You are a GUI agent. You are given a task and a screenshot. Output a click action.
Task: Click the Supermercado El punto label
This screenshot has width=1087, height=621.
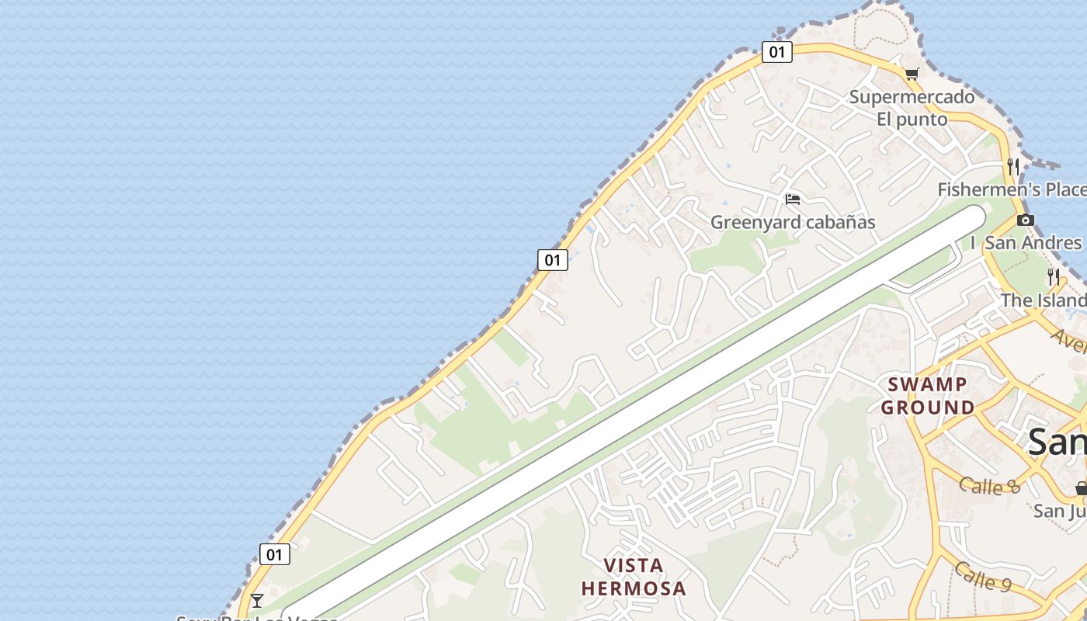click(x=912, y=108)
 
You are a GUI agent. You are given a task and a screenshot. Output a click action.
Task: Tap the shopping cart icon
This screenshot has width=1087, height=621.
click(x=912, y=75)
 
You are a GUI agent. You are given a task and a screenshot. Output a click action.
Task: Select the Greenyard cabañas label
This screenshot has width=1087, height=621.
click(x=793, y=222)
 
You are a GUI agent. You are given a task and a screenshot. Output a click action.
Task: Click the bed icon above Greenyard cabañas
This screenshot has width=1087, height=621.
click(x=793, y=199)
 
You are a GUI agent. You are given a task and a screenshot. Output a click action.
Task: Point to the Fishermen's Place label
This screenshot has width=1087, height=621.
click(x=1012, y=189)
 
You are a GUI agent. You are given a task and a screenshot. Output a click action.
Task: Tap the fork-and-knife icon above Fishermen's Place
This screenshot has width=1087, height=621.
click(x=1013, y=166)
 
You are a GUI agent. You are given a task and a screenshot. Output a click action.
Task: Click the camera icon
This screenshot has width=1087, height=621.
click(x=1026, y=220)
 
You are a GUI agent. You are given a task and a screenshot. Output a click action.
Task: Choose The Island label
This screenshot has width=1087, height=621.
click(x=1043, y=300)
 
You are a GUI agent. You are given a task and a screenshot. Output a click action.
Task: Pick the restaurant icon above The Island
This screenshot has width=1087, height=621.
click(x=1054, y=276)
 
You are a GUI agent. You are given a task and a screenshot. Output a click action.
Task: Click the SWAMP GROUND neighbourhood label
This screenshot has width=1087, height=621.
click(x=928, y=396)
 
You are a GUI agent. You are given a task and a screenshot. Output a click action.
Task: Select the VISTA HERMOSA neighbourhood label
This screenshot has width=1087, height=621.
click(x=634, y=577)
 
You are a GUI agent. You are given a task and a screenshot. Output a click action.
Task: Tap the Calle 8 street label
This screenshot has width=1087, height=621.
click(x=989, y=486)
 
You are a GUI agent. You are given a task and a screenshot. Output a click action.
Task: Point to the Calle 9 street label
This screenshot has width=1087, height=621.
click(x=983, y=577)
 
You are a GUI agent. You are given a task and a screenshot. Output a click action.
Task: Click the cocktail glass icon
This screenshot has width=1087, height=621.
click(x=257, y=600)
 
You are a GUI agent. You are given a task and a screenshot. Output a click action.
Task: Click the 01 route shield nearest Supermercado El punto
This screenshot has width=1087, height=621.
click(x=776, y=52)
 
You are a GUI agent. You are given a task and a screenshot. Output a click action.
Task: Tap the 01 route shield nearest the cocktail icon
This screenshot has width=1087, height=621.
click(x=274, y=554)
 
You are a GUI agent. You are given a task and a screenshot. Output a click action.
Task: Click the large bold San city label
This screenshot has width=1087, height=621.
click(x=1056, y=442)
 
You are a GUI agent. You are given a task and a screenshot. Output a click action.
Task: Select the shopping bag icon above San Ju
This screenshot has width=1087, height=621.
click(x=1081, y=488)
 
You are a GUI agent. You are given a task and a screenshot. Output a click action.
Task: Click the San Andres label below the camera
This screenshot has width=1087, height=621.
click(x=1032, y=243)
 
